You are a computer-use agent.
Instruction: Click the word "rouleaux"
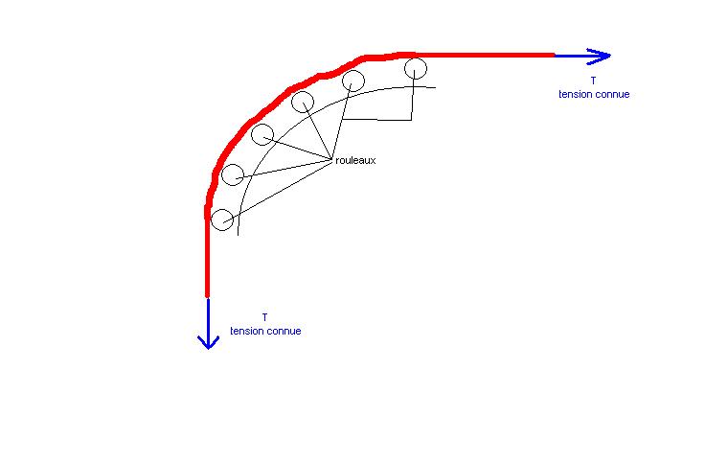pos(355,161)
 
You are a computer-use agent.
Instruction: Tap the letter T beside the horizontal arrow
pos(593,81)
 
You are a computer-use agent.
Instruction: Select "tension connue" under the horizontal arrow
pos(594,94)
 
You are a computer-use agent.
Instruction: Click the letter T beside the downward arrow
pos(264,317)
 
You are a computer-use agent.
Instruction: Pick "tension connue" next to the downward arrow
pos(265,331)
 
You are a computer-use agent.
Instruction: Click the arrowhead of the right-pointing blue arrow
pos(601,56)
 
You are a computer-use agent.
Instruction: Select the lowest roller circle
pos(222,220)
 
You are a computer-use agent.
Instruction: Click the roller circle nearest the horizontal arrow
pos(415,67)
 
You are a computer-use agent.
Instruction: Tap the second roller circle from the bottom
pos(233,174)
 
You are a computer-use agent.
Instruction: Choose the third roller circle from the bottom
pos(262,134)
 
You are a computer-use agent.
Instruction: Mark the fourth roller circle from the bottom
pos(303,102)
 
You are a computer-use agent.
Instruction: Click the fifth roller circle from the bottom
pos(353,80)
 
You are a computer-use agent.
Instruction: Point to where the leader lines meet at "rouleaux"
pos(331,158)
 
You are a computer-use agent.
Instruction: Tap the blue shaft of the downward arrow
pos(208,316)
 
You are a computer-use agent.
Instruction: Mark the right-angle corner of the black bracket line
pos(411,120)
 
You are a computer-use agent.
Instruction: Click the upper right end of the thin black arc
pos(435,88)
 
